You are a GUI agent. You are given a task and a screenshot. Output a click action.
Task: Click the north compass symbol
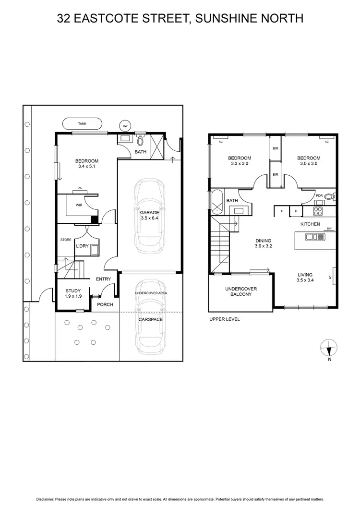tap(328, 347)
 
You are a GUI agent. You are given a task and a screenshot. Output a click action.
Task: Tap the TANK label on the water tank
tap(82, 124)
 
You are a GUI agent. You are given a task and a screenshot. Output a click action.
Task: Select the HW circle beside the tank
tap(125, 126)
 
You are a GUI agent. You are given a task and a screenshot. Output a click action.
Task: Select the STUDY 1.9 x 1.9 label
tap(73, 293)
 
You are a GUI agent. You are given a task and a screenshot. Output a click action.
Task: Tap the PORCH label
tap(105, 304)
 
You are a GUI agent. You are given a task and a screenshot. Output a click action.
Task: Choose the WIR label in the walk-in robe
tap(79, 205)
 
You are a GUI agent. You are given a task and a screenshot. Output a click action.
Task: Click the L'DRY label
tap(82, 246)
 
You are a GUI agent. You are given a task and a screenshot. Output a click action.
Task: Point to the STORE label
tap(66, 239)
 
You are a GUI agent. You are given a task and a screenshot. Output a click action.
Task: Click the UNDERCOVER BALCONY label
tap(241, 291)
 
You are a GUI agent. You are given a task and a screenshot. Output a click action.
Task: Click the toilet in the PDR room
tap(329, 196)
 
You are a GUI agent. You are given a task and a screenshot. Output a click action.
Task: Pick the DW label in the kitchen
tap(329, 229)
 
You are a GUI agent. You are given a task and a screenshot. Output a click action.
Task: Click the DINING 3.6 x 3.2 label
tap(264, 243)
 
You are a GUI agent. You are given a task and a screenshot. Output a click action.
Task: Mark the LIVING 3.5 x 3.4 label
tap(305, 278)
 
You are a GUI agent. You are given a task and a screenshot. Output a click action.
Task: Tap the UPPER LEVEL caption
tap(224, 319)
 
